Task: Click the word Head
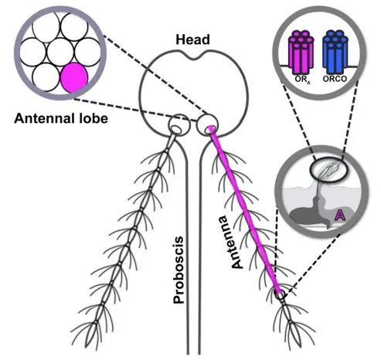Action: [x=192, y=40]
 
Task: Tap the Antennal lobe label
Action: [x=61, y=119]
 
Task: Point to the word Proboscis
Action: [x=179, y=270]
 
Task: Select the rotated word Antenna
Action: [x=235, y=242]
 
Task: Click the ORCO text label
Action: [x=335, y=79]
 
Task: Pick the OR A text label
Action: [x=303, y=80]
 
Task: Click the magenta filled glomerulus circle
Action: [x=74, y=77]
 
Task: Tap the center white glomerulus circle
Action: [x=60, y=52]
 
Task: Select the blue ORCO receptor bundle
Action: [x=335, y=52]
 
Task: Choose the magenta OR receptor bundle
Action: [x=301, y=52]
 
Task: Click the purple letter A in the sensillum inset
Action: [x=340, y=216]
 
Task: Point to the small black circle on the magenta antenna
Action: [x=280, y=294]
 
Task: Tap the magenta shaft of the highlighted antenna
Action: [x=245, y=210]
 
